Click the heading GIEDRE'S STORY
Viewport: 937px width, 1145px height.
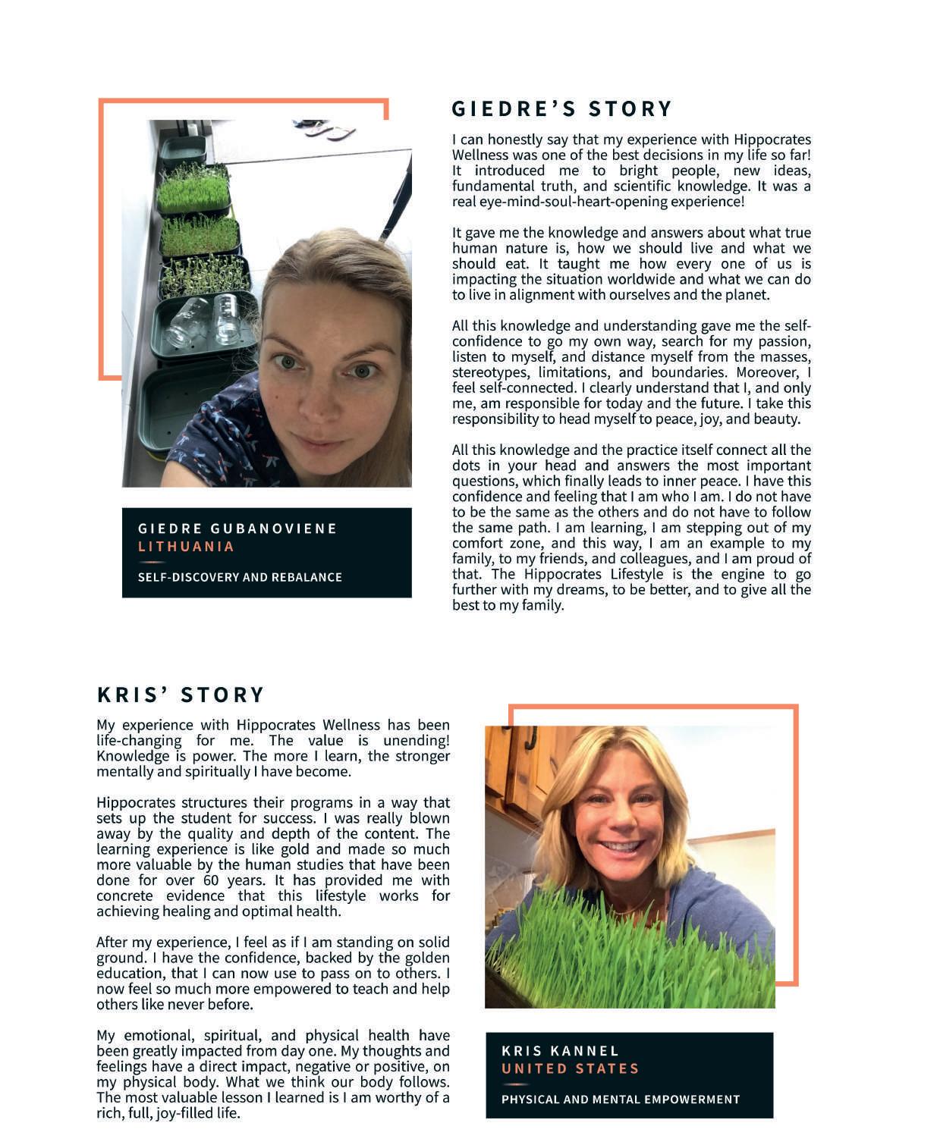[561, 109]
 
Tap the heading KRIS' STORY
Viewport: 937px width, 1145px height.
[181, 695]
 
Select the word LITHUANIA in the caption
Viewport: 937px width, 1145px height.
[186, 547]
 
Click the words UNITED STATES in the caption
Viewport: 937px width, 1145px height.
[570, 1069]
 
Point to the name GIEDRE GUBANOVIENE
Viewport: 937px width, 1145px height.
[237, 529]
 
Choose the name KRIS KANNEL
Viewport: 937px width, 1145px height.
[560, 1051]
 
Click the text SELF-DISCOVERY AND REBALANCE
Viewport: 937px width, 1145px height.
[240, 577]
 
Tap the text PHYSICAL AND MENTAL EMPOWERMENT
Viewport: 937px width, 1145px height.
[620, 1100]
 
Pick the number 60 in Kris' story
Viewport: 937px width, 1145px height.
[210, 880]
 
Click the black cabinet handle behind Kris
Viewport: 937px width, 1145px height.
[531, 737]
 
